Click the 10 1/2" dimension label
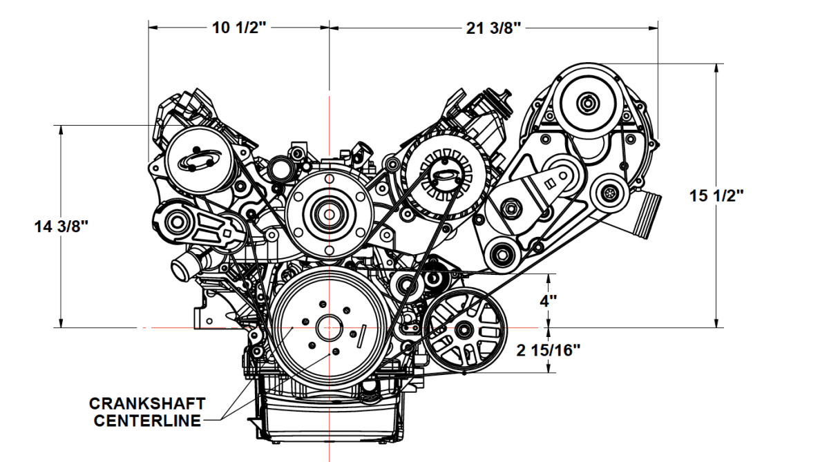[x=239, y=28]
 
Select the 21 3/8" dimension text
[x=493, y=28]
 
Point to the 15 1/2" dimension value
[x=716, y=195]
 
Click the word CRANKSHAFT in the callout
[x=147, y=403]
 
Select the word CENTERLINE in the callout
[x=147, y=420]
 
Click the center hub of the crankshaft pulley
[x=330, y=327]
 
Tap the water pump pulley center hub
[x=329, y=211]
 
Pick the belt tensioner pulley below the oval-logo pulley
[x=175, y=222]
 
